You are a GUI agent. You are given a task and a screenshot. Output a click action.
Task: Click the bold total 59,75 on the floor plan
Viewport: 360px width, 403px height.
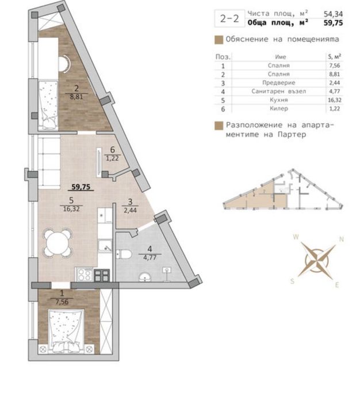click(81, 186)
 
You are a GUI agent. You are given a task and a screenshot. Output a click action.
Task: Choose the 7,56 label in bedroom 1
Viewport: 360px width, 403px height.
click(61, 300)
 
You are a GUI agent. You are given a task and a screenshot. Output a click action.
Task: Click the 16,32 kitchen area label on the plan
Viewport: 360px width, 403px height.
click(71, 210)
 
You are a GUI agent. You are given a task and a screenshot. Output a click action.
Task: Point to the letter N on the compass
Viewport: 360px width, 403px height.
click(341, 239)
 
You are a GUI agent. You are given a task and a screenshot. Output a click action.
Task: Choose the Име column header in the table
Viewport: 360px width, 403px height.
click(281, 57)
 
